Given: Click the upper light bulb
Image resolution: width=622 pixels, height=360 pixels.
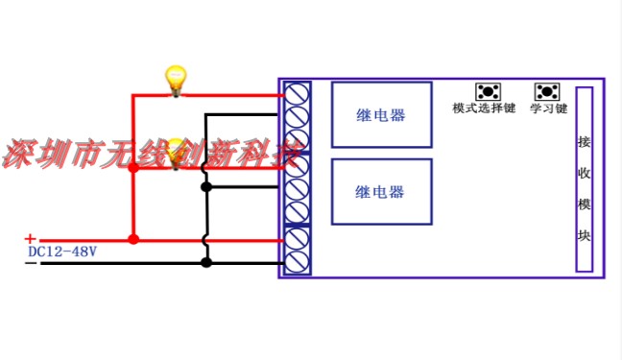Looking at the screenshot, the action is click(x=176, y=81).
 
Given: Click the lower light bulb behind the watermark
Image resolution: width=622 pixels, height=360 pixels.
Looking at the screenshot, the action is click(x=176, y=154).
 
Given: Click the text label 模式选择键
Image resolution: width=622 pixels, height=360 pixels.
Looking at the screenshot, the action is click(x=484, y=108).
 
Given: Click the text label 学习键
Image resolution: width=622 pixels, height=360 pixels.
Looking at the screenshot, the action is click(x=549, y=108).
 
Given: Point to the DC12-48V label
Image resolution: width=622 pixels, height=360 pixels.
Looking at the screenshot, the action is click(x=62, y=252).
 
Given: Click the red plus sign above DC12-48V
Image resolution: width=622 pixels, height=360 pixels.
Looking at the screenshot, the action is click(x=30, y=239).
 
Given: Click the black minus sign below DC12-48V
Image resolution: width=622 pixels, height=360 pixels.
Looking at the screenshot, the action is click(x=31, y=263).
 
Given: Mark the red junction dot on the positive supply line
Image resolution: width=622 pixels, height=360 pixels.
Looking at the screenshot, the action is click(x=133, y=239).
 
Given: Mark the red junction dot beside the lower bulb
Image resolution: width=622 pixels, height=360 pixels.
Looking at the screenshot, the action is click(x=133, y=168).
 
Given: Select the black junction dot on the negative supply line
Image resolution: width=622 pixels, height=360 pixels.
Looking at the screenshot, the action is click(x=206, y=262).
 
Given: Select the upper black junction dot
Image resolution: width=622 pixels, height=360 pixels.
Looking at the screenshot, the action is click(x=206, y=186).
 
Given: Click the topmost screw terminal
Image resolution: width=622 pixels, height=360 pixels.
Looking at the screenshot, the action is click(x=297, y=94).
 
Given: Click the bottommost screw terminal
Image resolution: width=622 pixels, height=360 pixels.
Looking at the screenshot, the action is click(x=297, y=262).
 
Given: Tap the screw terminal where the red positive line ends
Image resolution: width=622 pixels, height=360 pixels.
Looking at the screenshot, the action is click(x=297, y=239).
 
